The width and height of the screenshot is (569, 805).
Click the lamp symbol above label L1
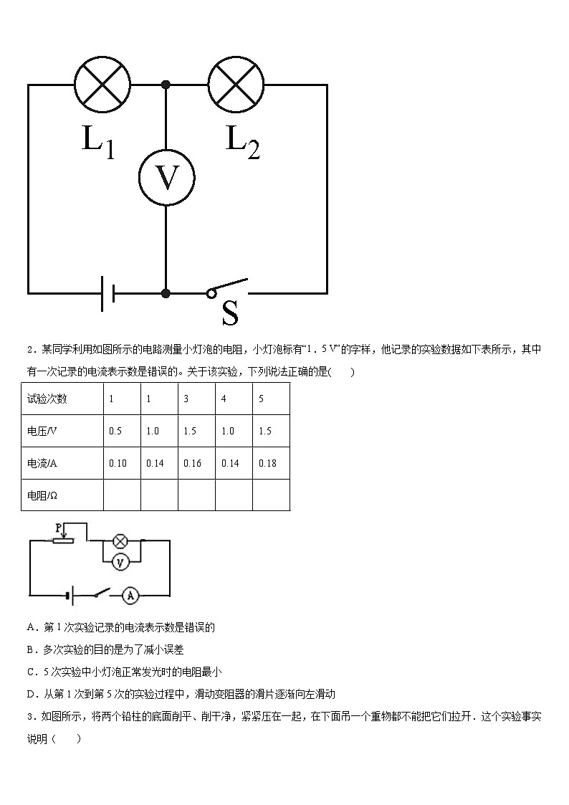102,85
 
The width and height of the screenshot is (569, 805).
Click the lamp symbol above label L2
236,85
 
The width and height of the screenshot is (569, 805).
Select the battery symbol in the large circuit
107,293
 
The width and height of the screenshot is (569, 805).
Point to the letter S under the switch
230,313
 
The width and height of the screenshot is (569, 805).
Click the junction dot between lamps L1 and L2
166,85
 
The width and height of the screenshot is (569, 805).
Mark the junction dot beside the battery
166,293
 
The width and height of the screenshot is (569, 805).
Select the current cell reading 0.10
118,463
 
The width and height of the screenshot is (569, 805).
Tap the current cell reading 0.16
192,463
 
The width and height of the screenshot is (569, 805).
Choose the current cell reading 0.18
267,463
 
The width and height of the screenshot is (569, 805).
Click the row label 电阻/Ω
42,495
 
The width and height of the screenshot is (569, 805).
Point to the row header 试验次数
47,399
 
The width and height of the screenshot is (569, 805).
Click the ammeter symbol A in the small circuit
130,594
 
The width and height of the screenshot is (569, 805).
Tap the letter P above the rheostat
57,527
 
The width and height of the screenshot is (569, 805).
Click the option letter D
31,693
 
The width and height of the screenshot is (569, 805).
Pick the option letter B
31,649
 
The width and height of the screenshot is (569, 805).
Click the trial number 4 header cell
224,399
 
